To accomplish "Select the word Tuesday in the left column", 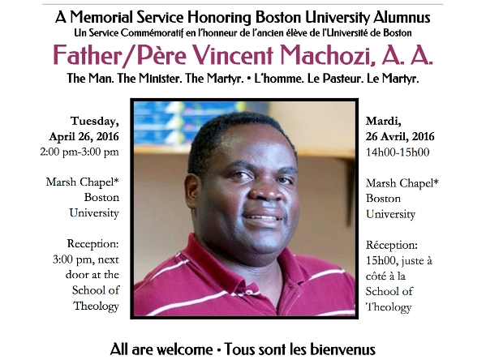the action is click(94, 121).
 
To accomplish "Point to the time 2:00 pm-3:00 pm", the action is click(84, 152).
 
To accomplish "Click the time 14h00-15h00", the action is click(398, 152).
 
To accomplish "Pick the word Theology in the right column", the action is click(389, 306).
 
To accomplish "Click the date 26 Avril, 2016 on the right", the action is click(400, 136).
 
